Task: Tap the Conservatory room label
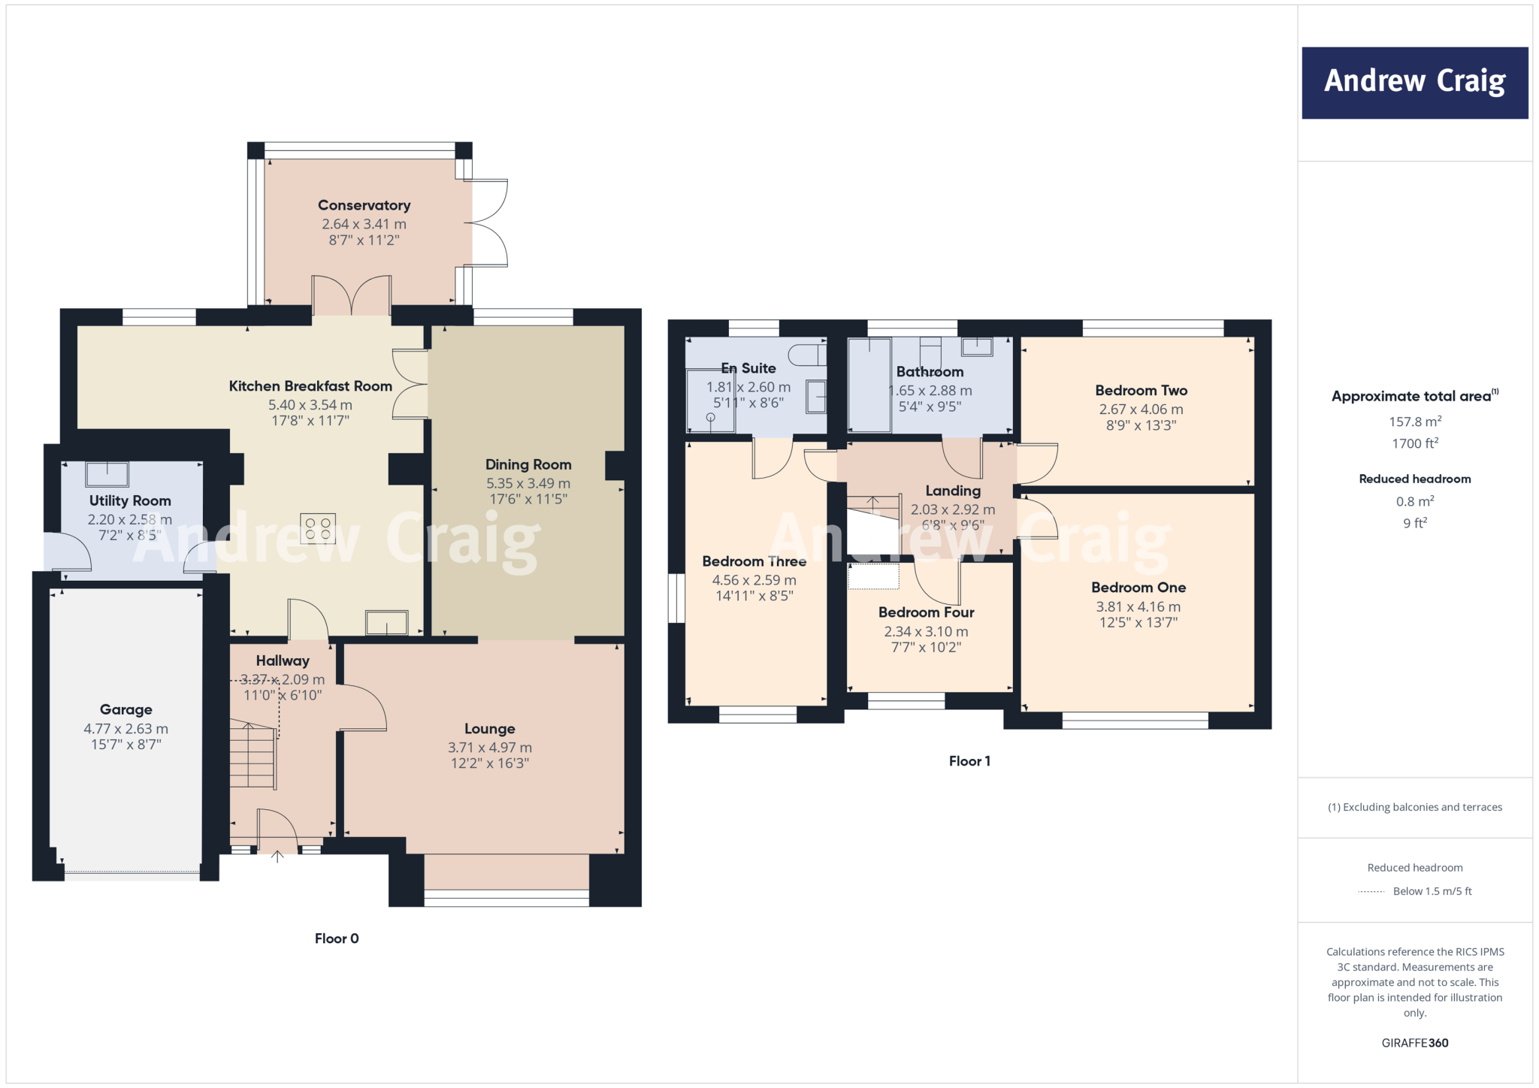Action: [364, 205]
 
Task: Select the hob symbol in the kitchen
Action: [317, 528]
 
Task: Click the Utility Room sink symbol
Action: [107, 474]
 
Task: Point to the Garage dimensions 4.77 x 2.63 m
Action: [125, 729]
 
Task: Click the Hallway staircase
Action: [252, 755]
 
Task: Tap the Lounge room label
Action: [489, 729]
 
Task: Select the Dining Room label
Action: [528, 464]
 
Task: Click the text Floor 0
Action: [337, 938]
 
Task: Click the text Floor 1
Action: [969, 761]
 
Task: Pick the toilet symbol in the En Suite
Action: [807, 354]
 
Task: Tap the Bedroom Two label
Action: [1141, 391]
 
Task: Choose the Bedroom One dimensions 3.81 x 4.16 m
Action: [1138, 606]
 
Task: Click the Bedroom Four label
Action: [926, 612]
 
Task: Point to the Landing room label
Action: [953, 491]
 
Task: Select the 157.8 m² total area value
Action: [1414, 422]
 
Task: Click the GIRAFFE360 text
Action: [1414, 1043]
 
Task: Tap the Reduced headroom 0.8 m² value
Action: [1414, 501]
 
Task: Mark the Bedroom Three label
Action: [754, 561]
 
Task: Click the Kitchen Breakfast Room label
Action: [310, 386]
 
